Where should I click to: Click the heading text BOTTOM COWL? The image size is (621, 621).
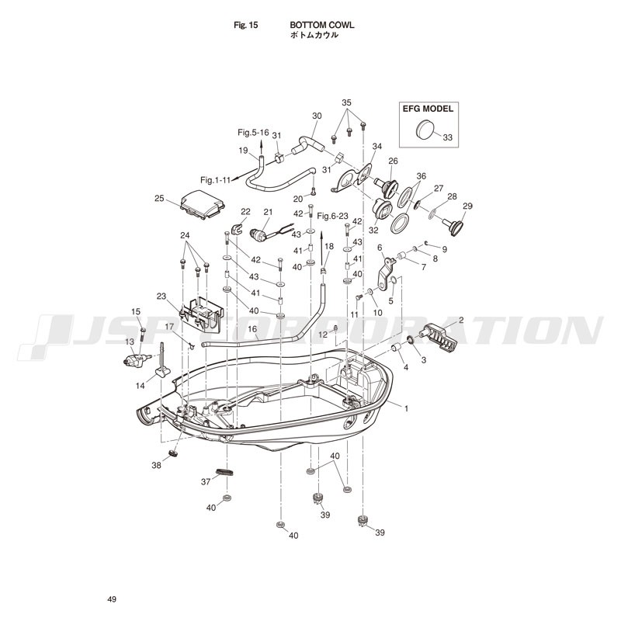322,25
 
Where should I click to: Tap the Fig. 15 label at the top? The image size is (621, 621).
245,26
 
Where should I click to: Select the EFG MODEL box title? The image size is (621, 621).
428,109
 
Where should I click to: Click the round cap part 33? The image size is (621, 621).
425,129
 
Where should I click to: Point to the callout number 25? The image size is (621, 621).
159,198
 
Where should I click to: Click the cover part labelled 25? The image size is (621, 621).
203,205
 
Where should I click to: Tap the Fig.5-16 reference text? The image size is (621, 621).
254,132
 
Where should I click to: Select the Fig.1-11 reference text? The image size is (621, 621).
216,180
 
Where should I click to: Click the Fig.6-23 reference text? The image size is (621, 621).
333,216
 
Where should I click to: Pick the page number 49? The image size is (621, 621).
112,599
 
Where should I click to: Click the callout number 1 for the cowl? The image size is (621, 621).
406,408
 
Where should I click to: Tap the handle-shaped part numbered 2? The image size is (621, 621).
440,337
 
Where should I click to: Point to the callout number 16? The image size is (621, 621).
252,328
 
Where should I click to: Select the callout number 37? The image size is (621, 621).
206,482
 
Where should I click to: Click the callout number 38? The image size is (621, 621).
157,465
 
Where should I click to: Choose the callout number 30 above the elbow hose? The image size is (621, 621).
317,116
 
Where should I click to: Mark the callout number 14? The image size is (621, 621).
141,385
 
